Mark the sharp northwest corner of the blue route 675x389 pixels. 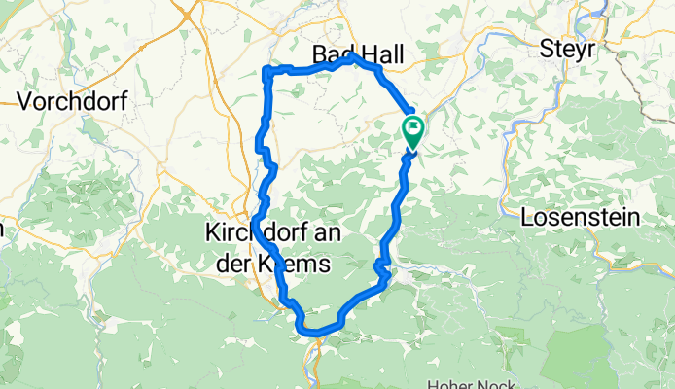point(266,68)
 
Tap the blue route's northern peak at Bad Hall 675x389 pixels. point(353,56)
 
